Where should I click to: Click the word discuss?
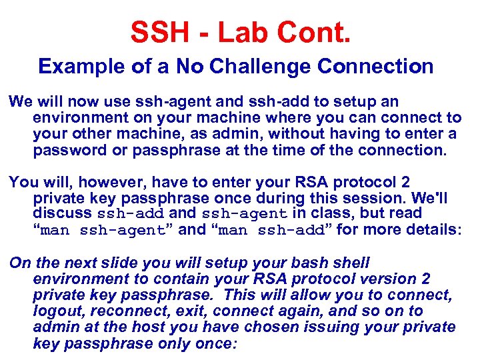[x=63, y=214]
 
